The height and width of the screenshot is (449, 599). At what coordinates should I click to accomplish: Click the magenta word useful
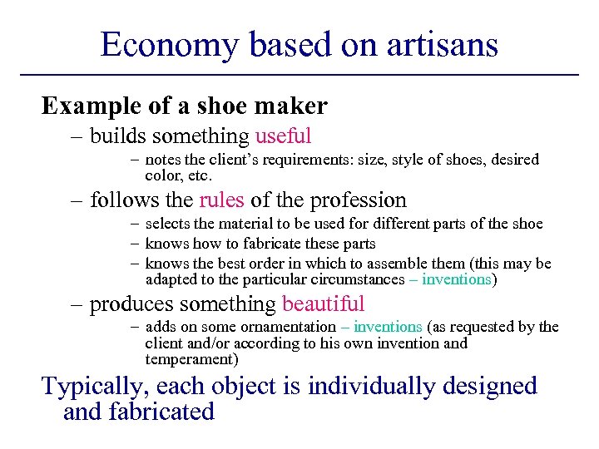pos(283,136)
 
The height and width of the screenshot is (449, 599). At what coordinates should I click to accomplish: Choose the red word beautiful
pos(323,305)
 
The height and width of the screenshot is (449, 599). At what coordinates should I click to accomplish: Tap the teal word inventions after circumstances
pos(457,279)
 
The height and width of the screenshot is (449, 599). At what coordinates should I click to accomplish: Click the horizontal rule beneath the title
pos(299,76)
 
